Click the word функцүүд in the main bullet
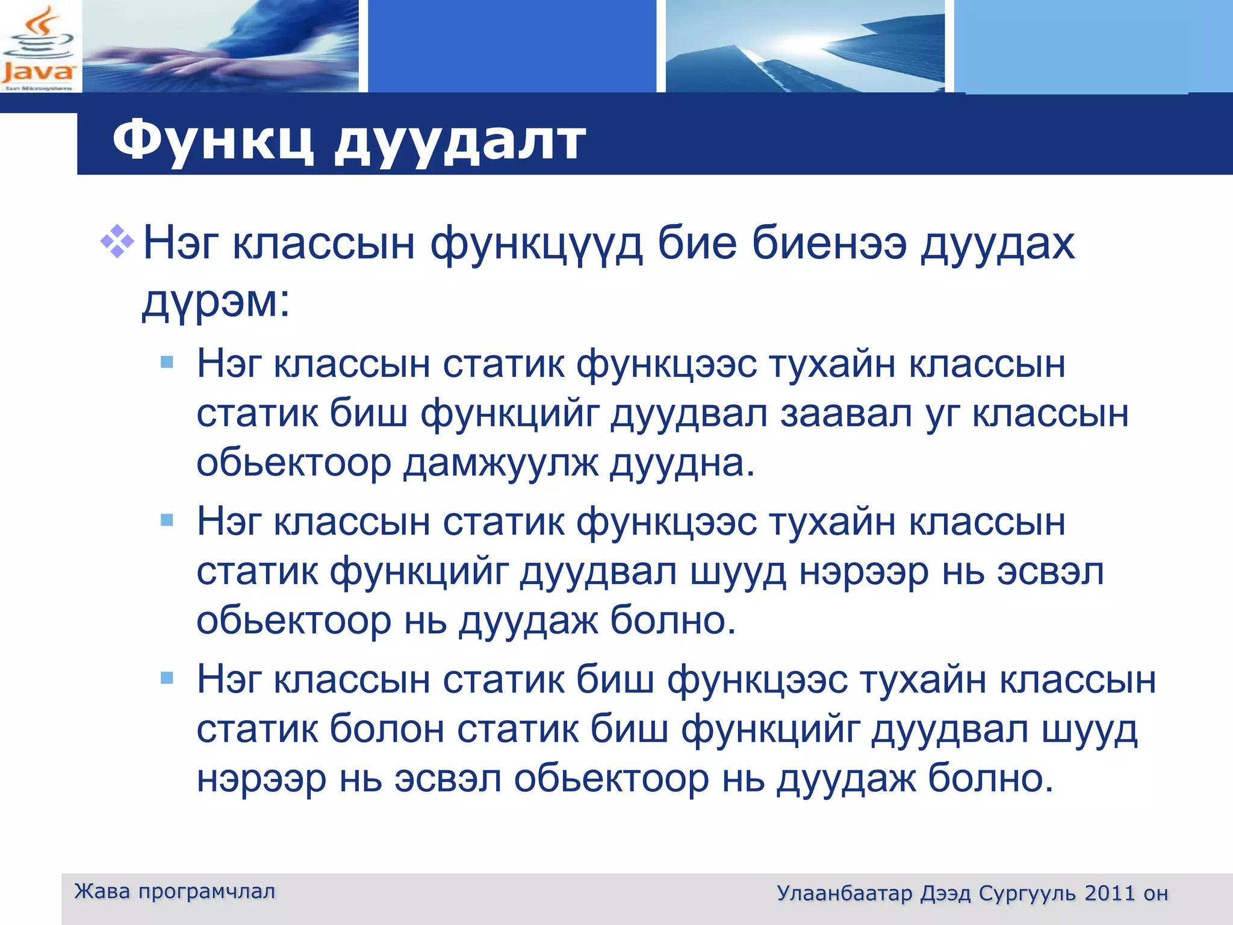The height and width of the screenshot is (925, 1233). tap(536, 244)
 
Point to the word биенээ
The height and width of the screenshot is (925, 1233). tap(829, 243)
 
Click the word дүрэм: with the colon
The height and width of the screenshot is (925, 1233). tap(216, 301)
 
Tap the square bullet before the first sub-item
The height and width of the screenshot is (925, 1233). tap(167, 362)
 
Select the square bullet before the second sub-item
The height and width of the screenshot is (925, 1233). tap(167, 520)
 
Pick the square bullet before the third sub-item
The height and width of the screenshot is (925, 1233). tap(167, 678)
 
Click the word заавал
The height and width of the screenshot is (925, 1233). tap(846, 414)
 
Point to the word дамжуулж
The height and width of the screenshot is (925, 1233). tap(500, 464)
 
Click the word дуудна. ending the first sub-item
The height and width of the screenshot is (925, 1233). tap(682, 464)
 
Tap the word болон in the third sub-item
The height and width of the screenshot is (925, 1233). tap(387, 729)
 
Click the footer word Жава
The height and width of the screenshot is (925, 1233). tap(102, 891)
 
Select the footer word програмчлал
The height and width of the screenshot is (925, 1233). tap(207, 891)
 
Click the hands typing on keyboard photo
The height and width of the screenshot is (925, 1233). tap(220, 46)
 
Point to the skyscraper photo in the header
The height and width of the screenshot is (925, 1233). tap(805, 46)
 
